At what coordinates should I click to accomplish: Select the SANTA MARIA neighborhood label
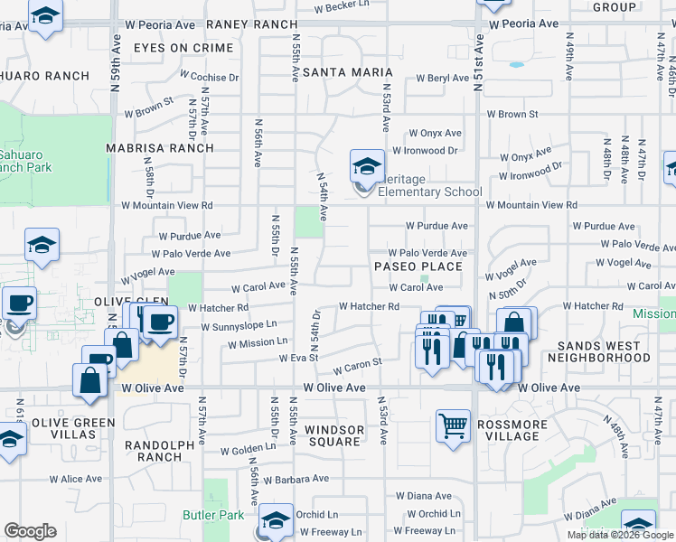(x=347, y=71)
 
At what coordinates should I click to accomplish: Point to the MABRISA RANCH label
(x=159, y=148)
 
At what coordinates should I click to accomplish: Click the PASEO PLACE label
(x=418, y=266)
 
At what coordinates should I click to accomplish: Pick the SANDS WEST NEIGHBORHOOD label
(x=605, y=352)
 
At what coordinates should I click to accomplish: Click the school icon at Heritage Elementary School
(x=366, y=165)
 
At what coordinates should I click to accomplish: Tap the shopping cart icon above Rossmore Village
(x=453, y=425)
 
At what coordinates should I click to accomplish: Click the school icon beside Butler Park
(x=277, y=520)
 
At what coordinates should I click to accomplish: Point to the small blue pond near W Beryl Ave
(x=516, y=65)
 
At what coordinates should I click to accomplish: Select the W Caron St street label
(x=358, y=369)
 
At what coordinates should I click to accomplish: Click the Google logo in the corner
(x=30, y=531)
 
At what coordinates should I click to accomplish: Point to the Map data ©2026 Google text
(x=620, y=535)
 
